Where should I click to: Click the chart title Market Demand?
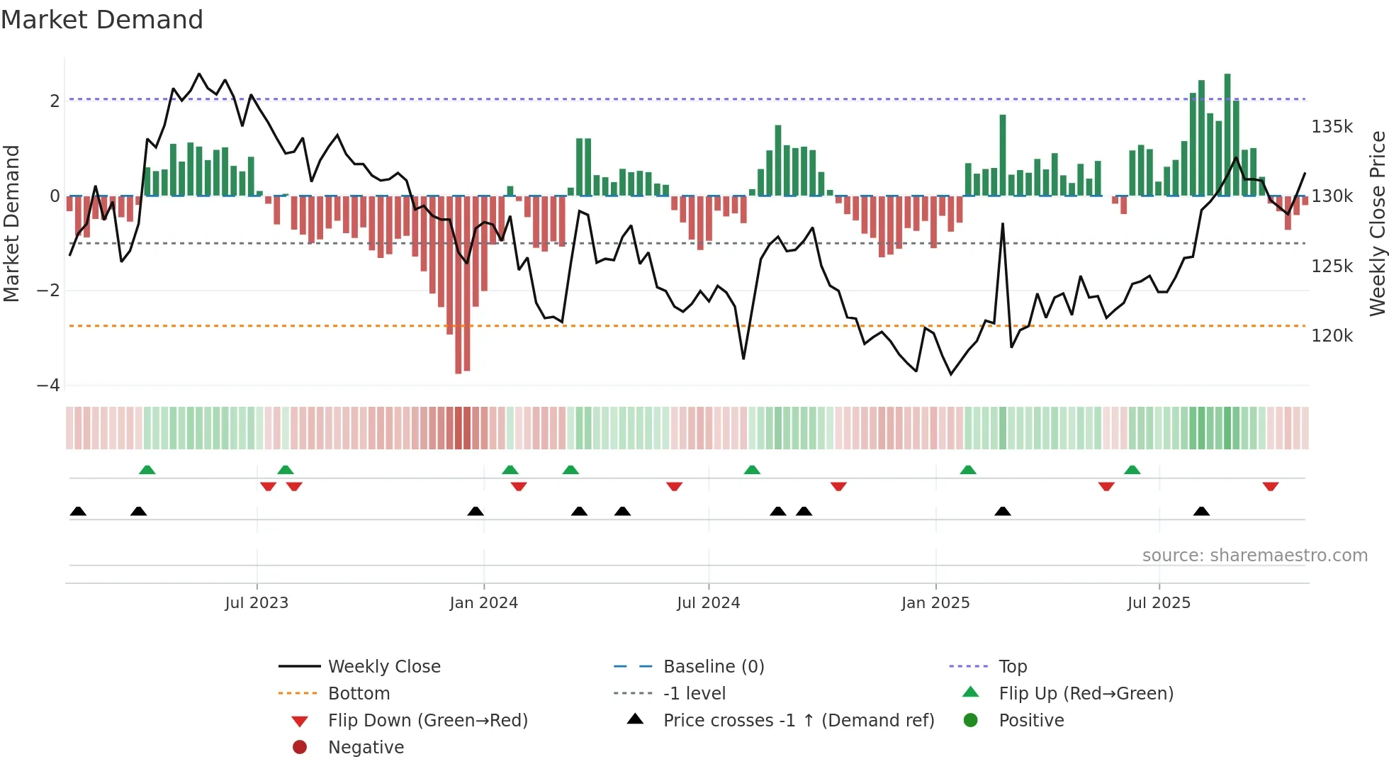[x=102, y=20]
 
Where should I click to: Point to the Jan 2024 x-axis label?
[x=483, y=603]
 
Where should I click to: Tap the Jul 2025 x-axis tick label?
[x=1159, y=603]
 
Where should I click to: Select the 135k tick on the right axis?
[x=1332, y=127]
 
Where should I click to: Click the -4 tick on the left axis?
[x=49, y=386]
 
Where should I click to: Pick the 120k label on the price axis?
[x=1332, y=336]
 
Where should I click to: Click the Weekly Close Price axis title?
[x=1376, y=223]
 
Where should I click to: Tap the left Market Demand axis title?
[x=12, y=223]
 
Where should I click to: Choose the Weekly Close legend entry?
[x=383, y=667]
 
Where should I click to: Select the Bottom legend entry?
[x=359, y=694]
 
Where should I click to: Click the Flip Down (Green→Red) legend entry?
[x=427, y=721]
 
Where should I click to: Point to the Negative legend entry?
[x=366, y=748]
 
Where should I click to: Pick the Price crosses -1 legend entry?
[x=798, y=721]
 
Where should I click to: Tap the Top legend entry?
[x=1012, y=667]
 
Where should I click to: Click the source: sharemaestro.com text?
[x=1254, y=556]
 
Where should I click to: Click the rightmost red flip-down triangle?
[x=1270, y=486]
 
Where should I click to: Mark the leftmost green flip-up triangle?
[x=147, y=470]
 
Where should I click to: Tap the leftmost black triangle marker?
[x=78, y=512]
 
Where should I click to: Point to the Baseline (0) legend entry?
[x=713, y=667]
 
